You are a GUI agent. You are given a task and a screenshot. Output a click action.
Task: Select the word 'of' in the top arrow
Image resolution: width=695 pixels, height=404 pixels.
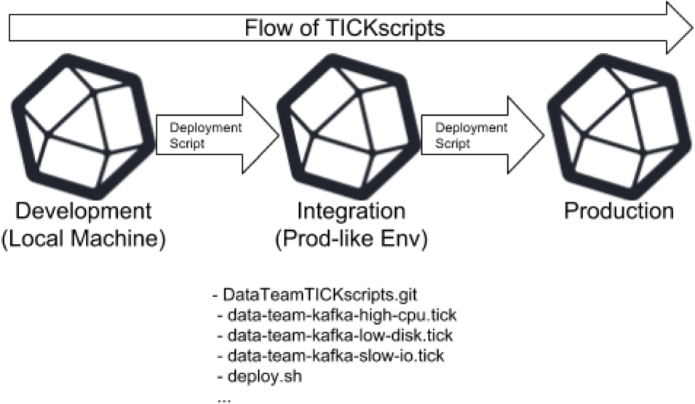[x=303, y=29]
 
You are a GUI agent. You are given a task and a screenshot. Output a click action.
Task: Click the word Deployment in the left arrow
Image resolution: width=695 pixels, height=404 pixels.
[x=205, y=127]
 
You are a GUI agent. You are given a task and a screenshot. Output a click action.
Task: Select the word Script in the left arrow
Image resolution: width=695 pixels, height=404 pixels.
[x=188, y=143]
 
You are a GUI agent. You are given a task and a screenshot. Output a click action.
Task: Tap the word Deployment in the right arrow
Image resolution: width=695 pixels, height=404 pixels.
[x=471, y=127]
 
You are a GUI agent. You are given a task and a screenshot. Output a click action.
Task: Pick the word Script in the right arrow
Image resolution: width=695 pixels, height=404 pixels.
[x=453, y=143]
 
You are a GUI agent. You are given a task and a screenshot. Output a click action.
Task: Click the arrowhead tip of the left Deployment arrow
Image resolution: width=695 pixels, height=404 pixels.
[x=279, y=135]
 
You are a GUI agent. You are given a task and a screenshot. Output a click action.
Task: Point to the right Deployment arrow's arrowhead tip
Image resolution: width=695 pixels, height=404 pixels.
[x=544, y=135]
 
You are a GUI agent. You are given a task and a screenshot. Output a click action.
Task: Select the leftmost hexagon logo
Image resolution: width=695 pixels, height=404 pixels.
[x=84, y=126]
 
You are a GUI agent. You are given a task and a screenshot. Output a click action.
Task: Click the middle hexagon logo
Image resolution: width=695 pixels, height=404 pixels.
[x=349, y=126]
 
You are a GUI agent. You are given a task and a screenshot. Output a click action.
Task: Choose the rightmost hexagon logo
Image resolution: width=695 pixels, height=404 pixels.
[x=619, y=126]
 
